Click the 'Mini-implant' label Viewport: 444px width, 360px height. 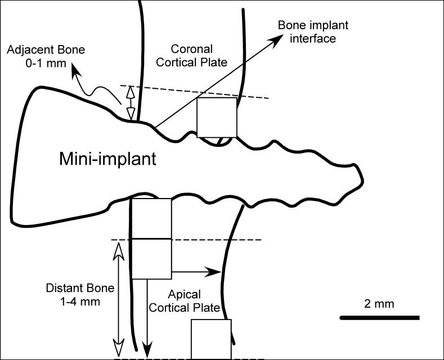click(107, 160)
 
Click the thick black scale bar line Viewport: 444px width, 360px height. click(379, 318)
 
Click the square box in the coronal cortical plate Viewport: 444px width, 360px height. click(217, 117)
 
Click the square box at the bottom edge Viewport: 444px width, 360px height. click(211, 339)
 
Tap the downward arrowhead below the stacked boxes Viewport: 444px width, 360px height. click(147, 351)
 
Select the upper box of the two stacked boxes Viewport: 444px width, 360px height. click(151, 218)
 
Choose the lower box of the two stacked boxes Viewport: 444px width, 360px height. click(151, 259)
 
